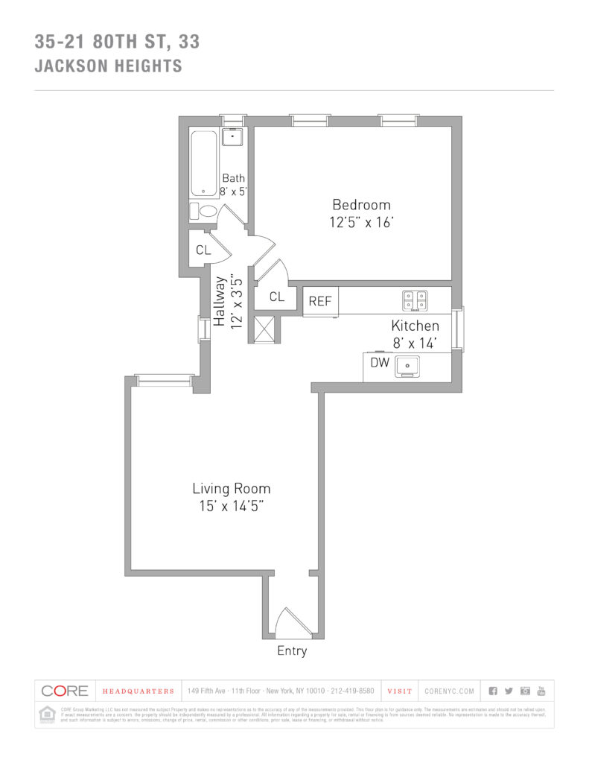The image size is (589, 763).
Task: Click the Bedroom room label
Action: (361, 205)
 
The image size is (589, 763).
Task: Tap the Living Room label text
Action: (231, 489)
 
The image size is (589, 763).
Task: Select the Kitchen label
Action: (416, 326)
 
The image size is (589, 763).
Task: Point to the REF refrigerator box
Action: (321, 302)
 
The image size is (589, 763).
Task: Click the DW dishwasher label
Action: (380, 363)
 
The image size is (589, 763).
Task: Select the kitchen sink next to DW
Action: (407, 366)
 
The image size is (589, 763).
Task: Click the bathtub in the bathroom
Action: (203, 164)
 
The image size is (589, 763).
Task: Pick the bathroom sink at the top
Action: (233, 137)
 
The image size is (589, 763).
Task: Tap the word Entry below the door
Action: (292, 651)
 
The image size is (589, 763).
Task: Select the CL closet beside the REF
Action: (277, 297)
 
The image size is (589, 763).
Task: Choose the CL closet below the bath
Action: (203, 250)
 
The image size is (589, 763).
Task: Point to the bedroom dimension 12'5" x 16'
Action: (361, 222)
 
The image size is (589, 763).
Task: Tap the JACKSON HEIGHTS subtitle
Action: (108, 66)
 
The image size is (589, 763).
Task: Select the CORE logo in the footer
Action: (65, 691)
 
